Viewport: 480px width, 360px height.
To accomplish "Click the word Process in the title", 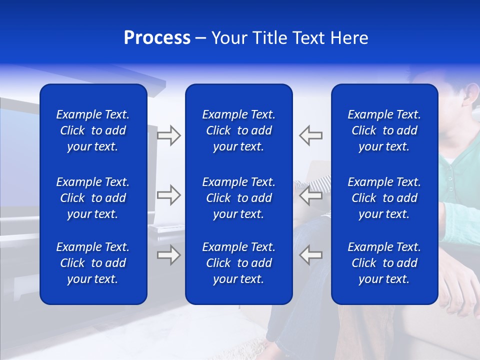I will [157, 38].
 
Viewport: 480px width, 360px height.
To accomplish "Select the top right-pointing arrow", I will [168, 135].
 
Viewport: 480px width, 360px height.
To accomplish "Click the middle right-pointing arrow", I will [168, 195].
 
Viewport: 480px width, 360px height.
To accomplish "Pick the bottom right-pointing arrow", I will [168, 255].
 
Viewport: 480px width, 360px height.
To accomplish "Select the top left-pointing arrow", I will [310, 135].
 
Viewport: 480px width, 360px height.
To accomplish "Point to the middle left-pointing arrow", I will [310, 195].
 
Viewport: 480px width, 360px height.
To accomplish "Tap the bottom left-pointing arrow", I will [310, 255].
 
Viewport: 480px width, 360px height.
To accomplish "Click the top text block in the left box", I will [93, 130].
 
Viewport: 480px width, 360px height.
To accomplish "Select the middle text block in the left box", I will [93, 198].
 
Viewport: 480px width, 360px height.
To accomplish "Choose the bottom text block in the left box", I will [93, 263].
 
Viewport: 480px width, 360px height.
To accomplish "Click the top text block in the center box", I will [238, 130].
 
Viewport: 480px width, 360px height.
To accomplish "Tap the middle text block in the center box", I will [238, 198].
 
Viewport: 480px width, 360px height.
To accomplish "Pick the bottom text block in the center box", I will [238, 263].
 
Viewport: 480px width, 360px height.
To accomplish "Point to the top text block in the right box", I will [384, 130].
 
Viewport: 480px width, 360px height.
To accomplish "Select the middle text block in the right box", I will [384, 198].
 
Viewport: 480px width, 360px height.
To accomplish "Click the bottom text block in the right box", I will [384, 263].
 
